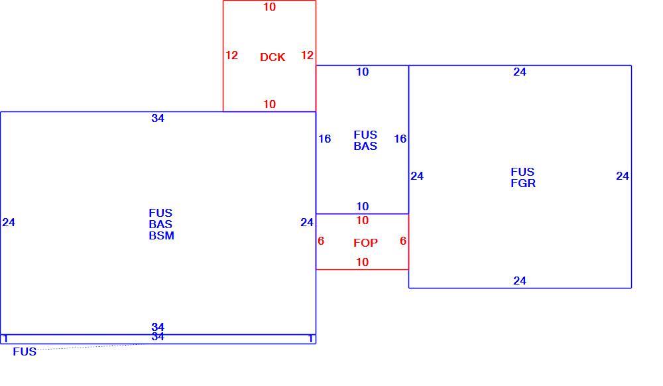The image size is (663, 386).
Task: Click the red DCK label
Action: tap(272, 57)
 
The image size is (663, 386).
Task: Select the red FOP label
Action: tap(366, 243)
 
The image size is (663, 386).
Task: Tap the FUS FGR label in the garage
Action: tap(523, 178)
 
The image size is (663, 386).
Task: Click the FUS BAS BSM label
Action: tap(161, 224)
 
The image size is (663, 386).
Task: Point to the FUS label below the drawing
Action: tap(25, 352)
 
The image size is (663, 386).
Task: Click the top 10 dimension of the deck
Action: tap(269, 7)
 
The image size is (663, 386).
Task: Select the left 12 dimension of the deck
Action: tap(231, 55)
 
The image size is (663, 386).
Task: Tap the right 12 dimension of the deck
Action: tap(307, 55)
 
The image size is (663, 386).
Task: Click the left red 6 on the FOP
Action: tap(321, 241)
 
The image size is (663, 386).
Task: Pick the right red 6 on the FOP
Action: tap(403, 241)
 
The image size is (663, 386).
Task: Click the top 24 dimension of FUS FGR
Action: tap(520, 72)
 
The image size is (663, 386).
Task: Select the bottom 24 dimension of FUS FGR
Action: tap(520, 281)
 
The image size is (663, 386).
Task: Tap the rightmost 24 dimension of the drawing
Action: tap(623, 176)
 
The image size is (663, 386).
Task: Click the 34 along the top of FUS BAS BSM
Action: tap(158, 118)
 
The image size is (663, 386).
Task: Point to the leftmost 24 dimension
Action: tap(9, 222)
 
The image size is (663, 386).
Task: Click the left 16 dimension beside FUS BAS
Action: tap(324, 139)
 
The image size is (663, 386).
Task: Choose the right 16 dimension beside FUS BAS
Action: tap(400, 139)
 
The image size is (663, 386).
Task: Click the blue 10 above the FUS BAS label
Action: tap(363, 72)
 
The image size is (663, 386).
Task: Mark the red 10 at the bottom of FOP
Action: tap(363, 262)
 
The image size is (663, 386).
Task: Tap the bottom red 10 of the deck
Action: tap(269, 104)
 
